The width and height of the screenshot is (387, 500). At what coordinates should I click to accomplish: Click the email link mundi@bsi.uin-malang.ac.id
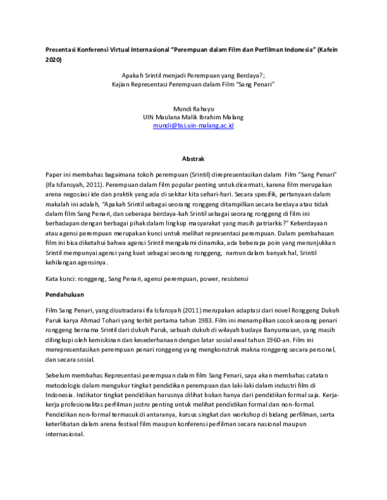[x=193, y=126]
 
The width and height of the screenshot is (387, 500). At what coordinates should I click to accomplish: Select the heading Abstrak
[x=193, y=157]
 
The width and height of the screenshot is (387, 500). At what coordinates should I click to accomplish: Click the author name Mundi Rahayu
[x=193, y=108]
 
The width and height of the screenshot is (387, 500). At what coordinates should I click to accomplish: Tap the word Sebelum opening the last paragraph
[x=59, y=374]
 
